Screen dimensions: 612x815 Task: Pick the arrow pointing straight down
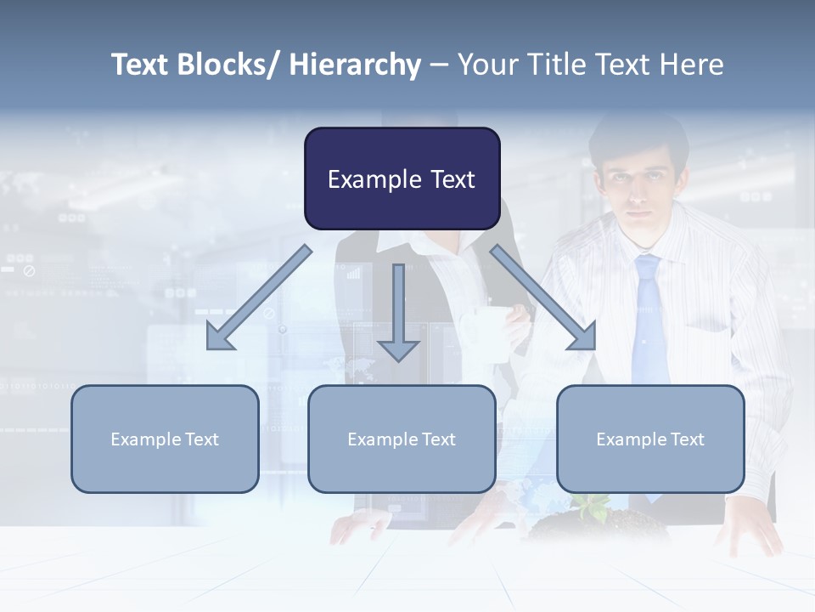(398, 314)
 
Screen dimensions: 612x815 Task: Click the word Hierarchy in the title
(355, 65)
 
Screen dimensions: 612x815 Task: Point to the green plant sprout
(592, 505)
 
